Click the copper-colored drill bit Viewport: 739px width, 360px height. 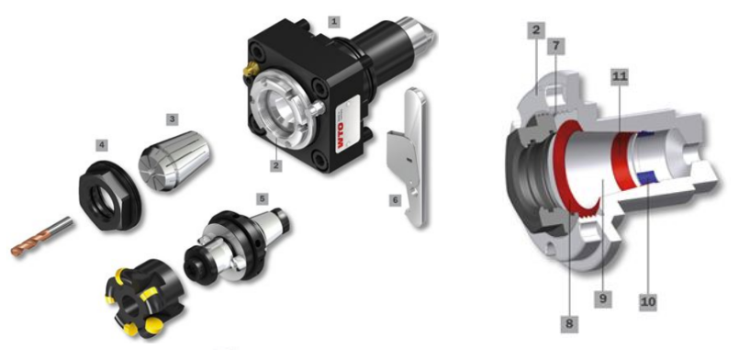tap(41, 237)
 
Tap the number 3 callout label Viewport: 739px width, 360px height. tap(173, 119)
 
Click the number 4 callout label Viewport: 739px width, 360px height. tap(101, 145)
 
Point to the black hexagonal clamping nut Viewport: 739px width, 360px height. tap(108, 195)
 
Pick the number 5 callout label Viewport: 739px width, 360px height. tap(262, 198)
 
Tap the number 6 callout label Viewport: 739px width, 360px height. tap(395, 200)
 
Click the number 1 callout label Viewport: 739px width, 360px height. tap(334, 22)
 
